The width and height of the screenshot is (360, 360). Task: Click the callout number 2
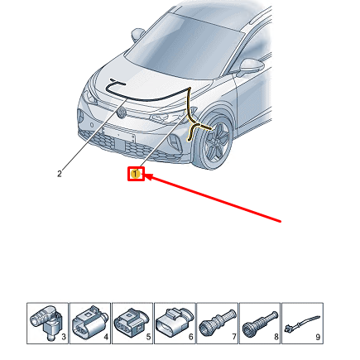pos(60,174)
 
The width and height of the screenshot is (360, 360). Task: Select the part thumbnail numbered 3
pos(47,322)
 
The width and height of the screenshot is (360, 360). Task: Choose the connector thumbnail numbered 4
pos(89,322)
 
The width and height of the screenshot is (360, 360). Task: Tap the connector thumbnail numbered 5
pos(132,322)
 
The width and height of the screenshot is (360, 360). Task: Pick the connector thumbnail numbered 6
pos(175,322)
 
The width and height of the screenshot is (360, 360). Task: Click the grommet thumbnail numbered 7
pos(218,322)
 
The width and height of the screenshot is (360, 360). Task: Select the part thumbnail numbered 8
pos(260,322)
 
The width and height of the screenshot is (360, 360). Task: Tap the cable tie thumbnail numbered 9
pos(302,322)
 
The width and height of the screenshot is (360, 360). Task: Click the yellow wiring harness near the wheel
pos(199,127)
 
